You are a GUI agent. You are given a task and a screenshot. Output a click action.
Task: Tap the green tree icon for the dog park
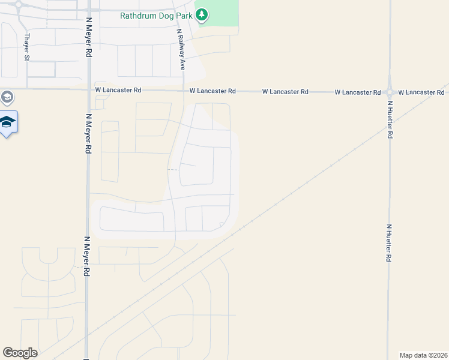(x=203, y=14)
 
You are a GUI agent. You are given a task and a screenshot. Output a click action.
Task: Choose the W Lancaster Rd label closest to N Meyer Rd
(x=118, y=90)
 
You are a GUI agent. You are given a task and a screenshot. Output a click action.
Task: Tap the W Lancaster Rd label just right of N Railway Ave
(x=212, y=91)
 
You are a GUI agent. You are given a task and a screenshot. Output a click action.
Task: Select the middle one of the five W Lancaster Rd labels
(x=285, y=92)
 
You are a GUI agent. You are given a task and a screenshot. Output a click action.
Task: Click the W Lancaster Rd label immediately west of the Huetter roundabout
(x=357, y=92)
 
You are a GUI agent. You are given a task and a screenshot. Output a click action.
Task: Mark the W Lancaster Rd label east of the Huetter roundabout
(x=425, y=92)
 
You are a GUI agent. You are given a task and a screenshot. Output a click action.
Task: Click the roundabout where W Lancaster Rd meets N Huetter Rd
(x=390, y=92)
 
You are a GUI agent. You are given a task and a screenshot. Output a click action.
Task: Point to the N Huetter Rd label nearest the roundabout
(x=390, y=120)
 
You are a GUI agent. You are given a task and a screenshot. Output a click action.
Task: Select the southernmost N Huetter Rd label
(x=389, y=242)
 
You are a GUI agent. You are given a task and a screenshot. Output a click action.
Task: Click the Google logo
(x=20, y=353)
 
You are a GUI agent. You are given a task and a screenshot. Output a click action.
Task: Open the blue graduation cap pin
(x=8, y=123)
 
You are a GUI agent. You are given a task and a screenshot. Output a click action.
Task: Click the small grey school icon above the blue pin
(x=7, y=97)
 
